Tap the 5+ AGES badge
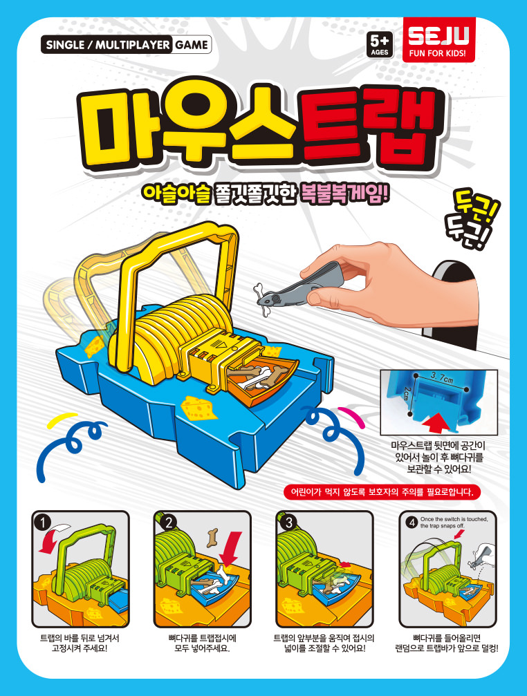[380, 45]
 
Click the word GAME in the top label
[192, 45]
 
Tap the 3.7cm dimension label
[441, 378]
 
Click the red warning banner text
[382, 492]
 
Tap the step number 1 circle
[43, 523]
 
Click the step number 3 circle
[288, 523]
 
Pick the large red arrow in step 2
[230, 549]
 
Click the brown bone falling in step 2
[212, 537]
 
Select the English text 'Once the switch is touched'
[454, 519]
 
